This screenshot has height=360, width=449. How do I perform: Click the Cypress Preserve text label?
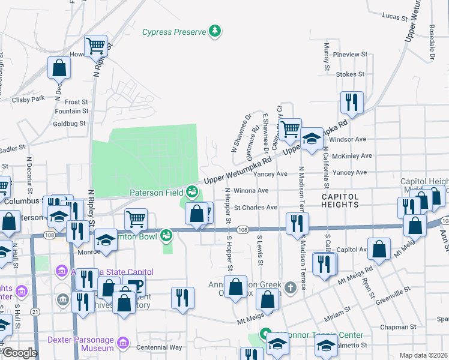(x=173, y=31)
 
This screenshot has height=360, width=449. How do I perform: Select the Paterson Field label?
(x=155, y=192)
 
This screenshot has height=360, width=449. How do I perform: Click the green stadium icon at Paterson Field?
(x=192, y=191)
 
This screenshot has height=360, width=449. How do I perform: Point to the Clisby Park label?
(x=29, y=98)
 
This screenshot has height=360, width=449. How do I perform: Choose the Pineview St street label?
(x=349, y=55)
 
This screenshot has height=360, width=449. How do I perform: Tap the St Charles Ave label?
(x=256, y=208)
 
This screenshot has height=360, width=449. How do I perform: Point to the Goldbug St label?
(x=70, y=124)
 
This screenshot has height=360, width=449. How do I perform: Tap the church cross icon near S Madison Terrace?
(x=291, y=287)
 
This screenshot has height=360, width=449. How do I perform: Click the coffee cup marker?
(x=135, y=284)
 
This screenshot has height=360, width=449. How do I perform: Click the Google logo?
(x=20, y=353)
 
